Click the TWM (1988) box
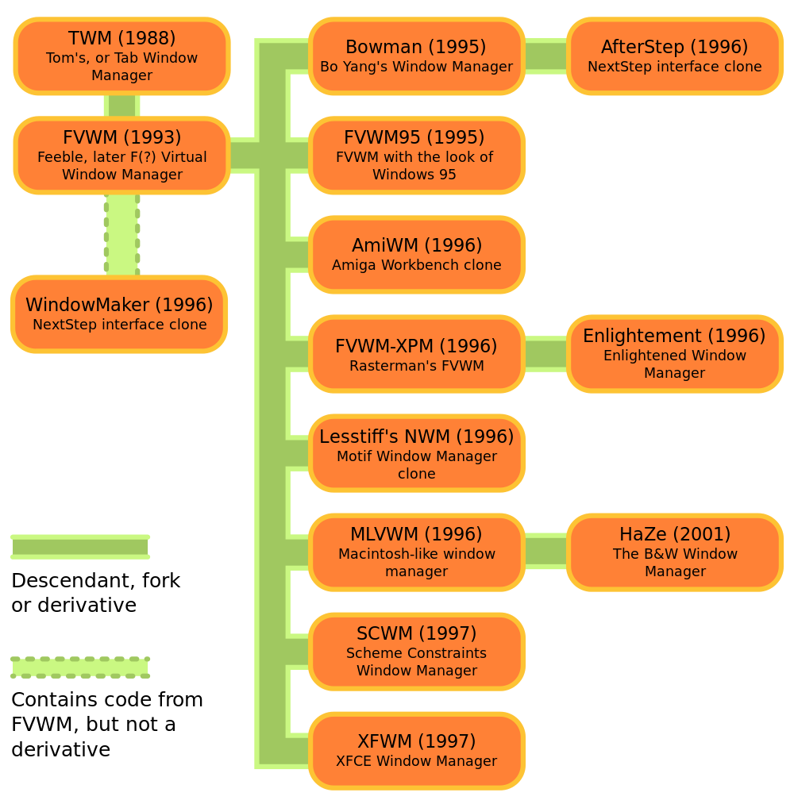click(x=121, y=56)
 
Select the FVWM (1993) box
click(x=121, y=156)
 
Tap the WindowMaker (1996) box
click(x=119, y=314)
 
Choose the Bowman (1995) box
click(x=416, y=56)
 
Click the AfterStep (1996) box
click(x=674, y=56)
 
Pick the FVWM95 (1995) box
click(x=416, y=156)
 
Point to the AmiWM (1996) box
click(x=416, y=255)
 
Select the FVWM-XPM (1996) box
click(x=416, y=354)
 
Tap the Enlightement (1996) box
click(x=674, y=354)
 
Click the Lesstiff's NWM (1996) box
click(x=416, y=453)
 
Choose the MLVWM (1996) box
click(x=416, y=552)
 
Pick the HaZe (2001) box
click(x=674, y=552)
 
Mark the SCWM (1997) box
click(x=416, y=652)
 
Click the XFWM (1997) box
click(x=416, y=751)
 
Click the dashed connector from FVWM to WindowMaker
click(x=121, y=235)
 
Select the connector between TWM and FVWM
click(x=121, y=106)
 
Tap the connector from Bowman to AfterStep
click(x=545, y=56)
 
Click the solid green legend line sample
click(x=79, y=547)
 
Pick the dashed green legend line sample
click(x=79, y=667)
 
